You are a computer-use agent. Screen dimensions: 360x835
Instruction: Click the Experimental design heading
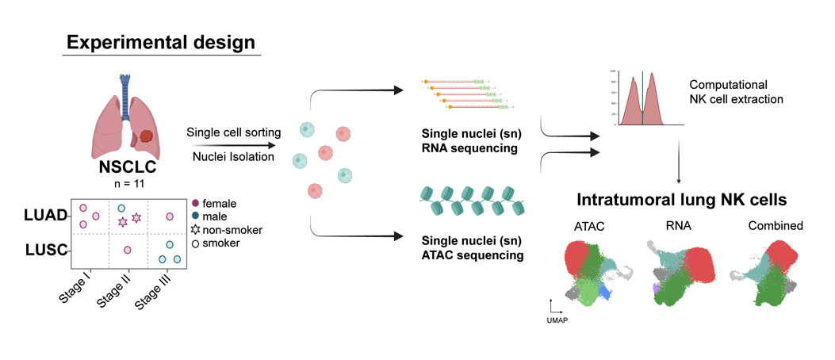tap(162, 42)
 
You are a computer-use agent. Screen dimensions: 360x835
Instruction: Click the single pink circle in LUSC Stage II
tap(127, 251)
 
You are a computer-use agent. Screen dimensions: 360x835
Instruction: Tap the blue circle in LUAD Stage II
tap(121, 209)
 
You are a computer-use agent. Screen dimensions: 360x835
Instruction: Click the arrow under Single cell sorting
tap(232, 145)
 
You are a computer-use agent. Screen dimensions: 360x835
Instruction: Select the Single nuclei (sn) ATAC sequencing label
tap(474, 247)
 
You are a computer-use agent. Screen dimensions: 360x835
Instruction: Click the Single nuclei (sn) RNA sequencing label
tap(470, 140)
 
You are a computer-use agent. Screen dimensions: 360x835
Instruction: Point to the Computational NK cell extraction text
tap(736, 92)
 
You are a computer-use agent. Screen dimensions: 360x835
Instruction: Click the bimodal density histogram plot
tap(642, 99)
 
